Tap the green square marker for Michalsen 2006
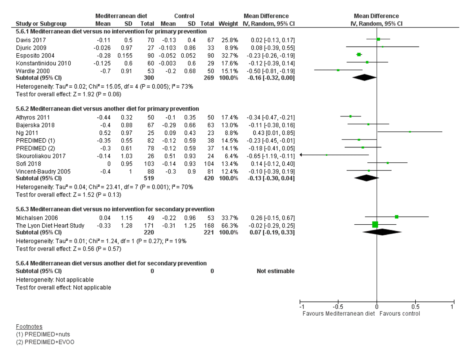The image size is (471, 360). click(396, 217)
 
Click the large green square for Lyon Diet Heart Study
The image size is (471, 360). click(375, 224)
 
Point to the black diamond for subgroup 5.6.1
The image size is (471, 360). click(365, 78)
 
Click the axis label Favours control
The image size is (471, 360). click(400, 314)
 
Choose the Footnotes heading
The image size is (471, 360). click(29, 327)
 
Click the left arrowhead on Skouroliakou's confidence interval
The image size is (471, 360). click(301, 155)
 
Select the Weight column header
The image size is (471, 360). click(228, 24)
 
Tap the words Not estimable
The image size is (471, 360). click(276, 271)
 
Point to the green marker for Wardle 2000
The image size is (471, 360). click(338, 70)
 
